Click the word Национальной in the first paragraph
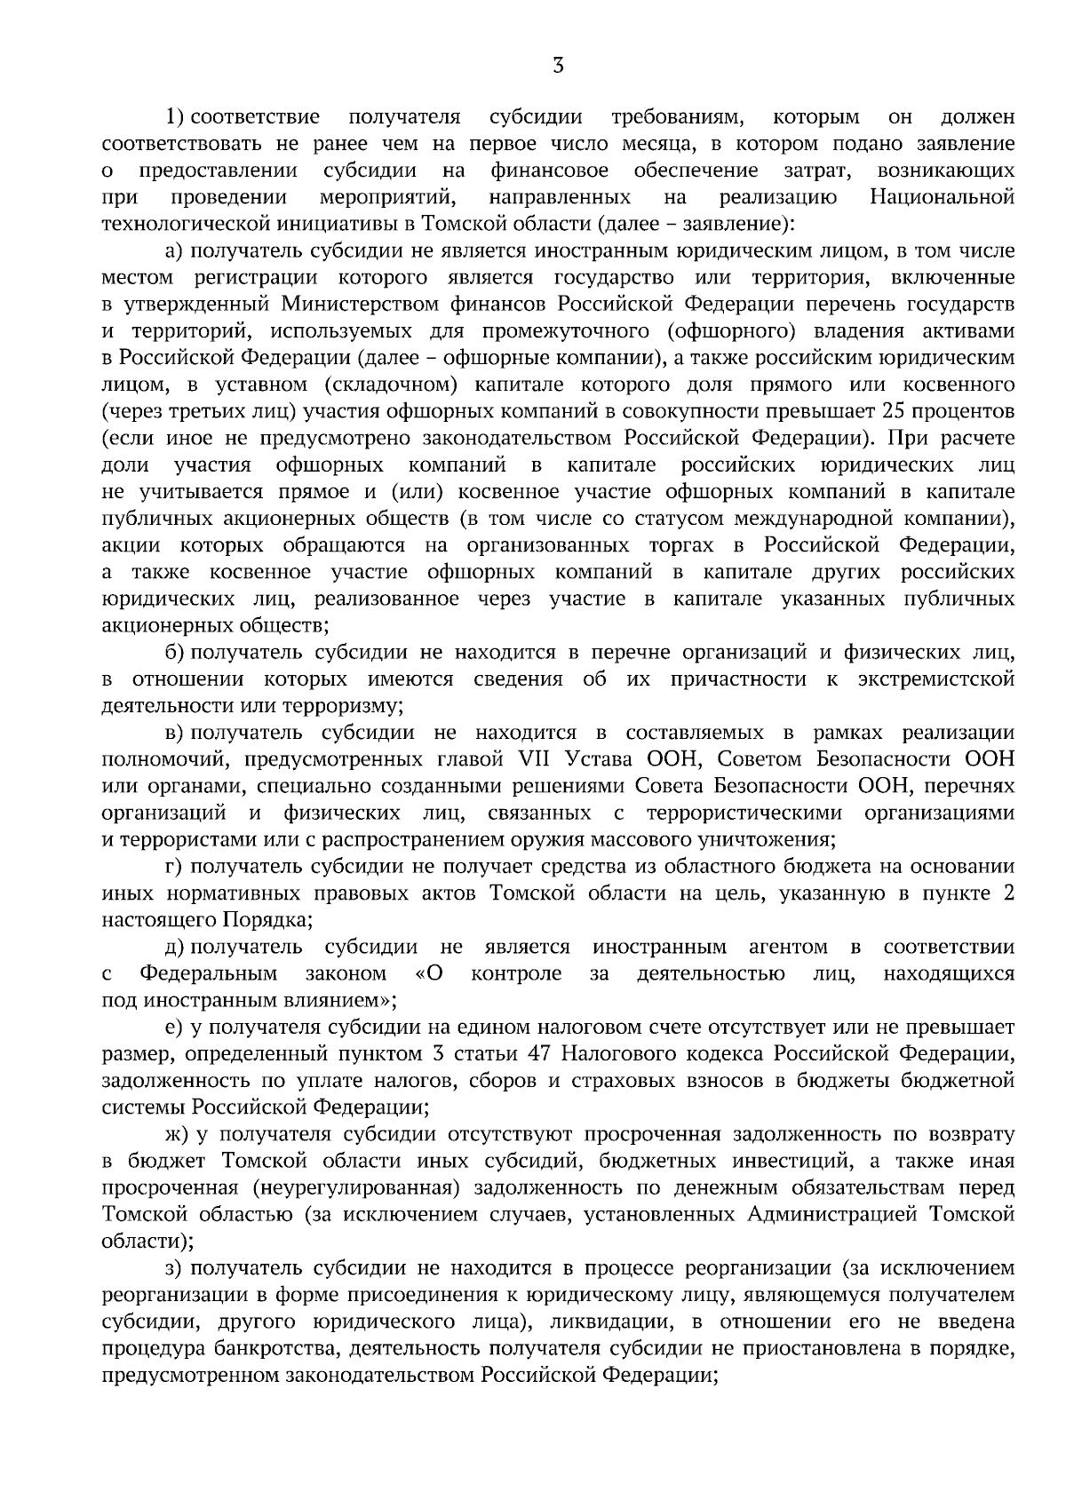click(x=943, y=196)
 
